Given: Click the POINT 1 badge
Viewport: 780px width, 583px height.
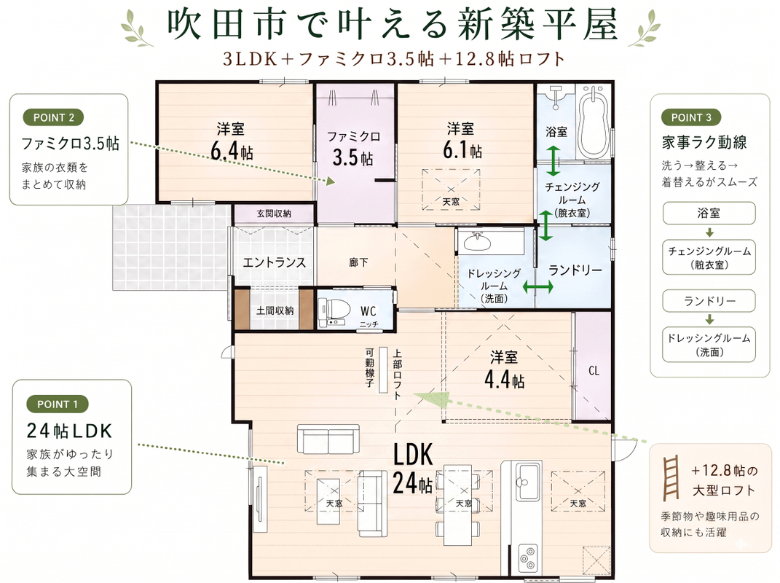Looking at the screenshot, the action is coord(58,404).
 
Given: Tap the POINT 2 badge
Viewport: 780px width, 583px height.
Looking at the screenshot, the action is coord(53,117).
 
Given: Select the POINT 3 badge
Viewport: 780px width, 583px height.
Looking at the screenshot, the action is coord(691,117).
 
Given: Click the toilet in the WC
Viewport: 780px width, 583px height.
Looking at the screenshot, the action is coord(328,313).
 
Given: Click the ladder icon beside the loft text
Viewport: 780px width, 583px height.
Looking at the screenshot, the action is coord(671,477).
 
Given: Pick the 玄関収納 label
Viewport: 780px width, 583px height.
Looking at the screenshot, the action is coord(274,214).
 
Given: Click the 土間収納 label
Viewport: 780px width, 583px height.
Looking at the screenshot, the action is coord(275,310).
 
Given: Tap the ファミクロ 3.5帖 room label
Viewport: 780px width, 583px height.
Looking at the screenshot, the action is coord(353,148).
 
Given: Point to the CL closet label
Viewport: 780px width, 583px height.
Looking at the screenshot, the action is coord(594,370).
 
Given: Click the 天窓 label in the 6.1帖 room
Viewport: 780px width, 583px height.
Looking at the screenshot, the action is coord(452,202).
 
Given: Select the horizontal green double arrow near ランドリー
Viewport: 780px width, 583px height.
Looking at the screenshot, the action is coord(537,287).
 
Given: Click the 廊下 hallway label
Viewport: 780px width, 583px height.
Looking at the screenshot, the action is coord(358,262).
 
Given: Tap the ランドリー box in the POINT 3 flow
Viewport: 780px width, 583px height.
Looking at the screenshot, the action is coord(709,301).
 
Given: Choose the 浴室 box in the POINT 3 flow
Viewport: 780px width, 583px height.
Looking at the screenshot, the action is coord(709,213).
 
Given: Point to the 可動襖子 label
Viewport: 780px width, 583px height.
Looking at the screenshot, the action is coord(369,368).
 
